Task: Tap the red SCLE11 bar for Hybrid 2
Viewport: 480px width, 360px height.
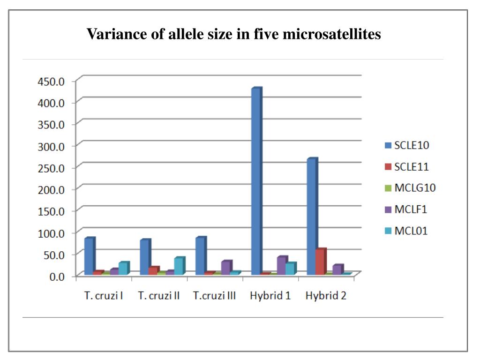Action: pyautogui.click(x=320, y=262)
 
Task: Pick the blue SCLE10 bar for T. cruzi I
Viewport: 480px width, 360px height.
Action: pyautogui.click(x=89, y=256)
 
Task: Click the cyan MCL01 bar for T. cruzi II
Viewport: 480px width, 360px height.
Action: pyautogui.click(x=179, y=266)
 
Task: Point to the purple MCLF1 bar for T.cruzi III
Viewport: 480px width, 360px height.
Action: pyautogui.click(x=225, y=268)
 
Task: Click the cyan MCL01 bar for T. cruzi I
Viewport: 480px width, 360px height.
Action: pyautogui.click(x=123, y=269)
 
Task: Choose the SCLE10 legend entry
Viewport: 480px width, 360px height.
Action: pyautogui.click(x=411, y=145)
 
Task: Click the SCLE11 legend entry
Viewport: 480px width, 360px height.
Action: pyautogui.click(x=411, y=166)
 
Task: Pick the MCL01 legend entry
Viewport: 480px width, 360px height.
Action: pyautogui.click(x=410, y=231)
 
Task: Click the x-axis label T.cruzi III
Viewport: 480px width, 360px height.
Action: pyautogui.click(x=214, y=296)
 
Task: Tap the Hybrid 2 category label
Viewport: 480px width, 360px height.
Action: pyautogui.click(x=326, y=296)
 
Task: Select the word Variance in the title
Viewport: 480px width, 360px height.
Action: pyautogui.click(x=111, y=34)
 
